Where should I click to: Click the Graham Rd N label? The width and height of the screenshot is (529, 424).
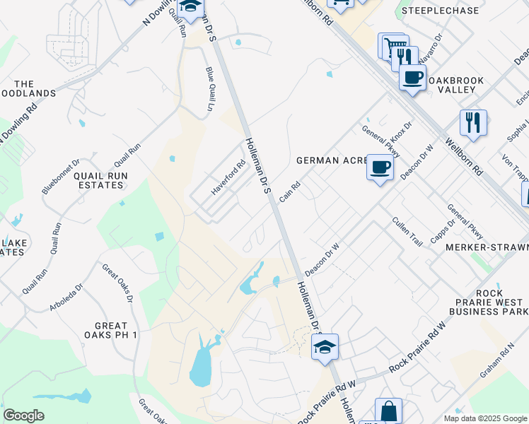tap(506, 361)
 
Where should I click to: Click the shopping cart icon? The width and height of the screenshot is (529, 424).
tap(390, 46)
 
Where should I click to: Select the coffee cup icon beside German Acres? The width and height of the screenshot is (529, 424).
tap(380, 167)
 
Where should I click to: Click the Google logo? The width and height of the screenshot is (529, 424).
tap(23, 416)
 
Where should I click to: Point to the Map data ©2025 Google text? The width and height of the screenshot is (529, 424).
tap(484, 418)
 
